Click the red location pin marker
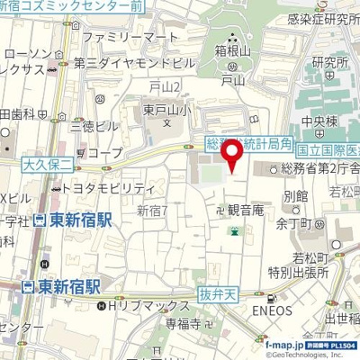tap(235, 157)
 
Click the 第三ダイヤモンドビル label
tap(138, 65)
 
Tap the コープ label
tap(104, 154)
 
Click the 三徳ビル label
tap(94, 125)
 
